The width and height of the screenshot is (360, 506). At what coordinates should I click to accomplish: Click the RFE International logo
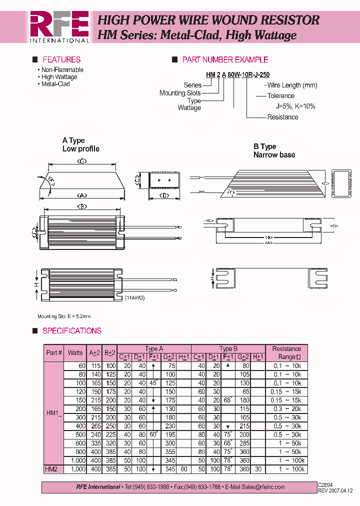point(59,27)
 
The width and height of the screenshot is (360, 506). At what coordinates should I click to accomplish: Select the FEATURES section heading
point(61,59)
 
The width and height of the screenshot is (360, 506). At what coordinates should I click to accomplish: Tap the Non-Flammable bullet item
point(62,70)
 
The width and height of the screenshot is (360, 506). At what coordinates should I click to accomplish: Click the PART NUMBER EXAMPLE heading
point(225,59)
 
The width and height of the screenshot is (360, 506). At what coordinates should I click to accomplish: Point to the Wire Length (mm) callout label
point(292,85)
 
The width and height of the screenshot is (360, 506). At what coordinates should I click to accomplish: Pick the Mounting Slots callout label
point(180,93)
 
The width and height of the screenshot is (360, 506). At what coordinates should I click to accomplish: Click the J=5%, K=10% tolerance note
point(295,106)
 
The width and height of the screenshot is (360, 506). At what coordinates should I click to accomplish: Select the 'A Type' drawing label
point(73,140)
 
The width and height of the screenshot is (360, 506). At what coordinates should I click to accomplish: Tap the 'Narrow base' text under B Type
point(274,155)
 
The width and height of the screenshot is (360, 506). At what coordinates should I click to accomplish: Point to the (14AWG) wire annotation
point(133,297)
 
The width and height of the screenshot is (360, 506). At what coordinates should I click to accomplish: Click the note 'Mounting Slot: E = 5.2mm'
point(64,316)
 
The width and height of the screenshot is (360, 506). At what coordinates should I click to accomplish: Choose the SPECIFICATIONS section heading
point(72,331)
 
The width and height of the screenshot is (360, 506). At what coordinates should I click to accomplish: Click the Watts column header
point(75,352)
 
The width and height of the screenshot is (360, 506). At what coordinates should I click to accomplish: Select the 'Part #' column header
point(54,352)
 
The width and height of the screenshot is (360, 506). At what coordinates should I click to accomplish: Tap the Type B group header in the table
point(228,348)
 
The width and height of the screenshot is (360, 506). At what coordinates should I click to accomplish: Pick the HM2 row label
point(51,469)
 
